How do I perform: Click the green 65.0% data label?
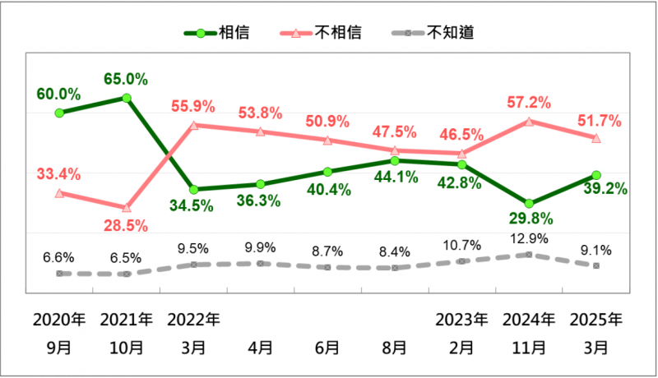pyautogui.click(x=126, y=80)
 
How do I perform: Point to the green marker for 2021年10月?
pyautogui.click(x=127, y=98)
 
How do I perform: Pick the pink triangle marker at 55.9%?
pyautogui.click(x=193, y=126)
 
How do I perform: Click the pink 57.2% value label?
pyautogui.click(x=528, y=103)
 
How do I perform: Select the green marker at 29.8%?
pyautogui.click(x=529, y=203)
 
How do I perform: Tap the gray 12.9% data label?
pyautogui.click(x=528, y=239)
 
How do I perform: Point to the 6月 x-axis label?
pyautogui.click(x=327, y=347)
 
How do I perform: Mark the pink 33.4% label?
pyautogui.click(x=58, y=174)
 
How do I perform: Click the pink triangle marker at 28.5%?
pyautogui.click(x=126, y=208)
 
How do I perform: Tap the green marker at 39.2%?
pyautogui.click(x=596, y=175)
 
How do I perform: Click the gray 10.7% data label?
pyautogui.click(x=461, y=245)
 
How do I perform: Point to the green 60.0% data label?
pyautogui.click(x=58, y=94)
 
